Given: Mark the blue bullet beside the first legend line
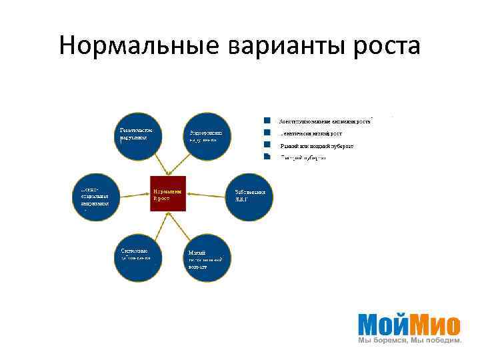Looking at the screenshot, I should (267, 121).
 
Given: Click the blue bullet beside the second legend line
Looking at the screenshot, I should (267, 133).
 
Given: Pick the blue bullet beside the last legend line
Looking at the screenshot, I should (267, 157).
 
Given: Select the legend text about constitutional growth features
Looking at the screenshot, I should (325, 121).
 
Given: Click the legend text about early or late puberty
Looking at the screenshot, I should (317, 145).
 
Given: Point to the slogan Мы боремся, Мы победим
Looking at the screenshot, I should (409, 340).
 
